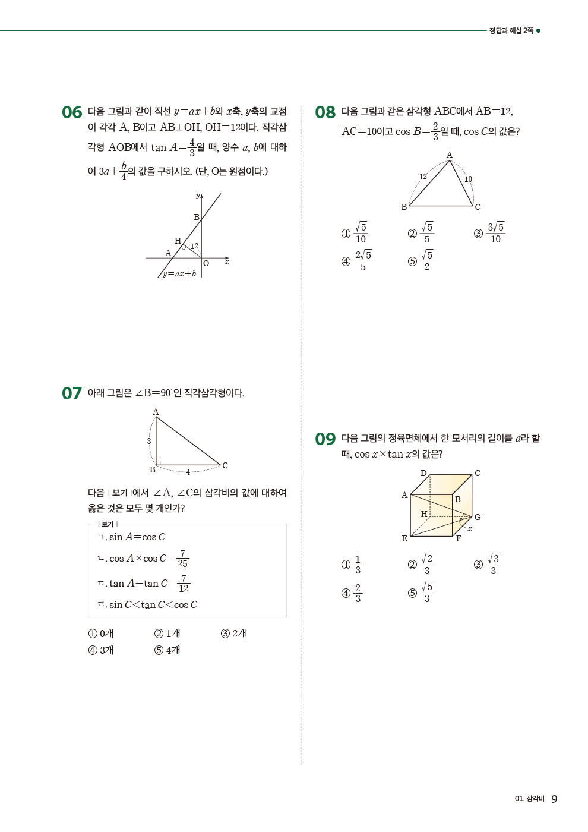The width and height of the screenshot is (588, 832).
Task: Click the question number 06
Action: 72,112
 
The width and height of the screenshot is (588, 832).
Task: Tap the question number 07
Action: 72,393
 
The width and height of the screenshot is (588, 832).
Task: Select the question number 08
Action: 325,112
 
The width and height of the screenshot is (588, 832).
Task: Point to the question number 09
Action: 325,439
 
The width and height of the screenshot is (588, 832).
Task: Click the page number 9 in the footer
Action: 554,799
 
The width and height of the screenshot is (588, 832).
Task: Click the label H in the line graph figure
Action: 178,241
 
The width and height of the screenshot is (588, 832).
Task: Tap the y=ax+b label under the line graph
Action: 179,274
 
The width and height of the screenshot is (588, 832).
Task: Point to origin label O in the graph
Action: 206,263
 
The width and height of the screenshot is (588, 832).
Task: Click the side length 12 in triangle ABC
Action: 423,177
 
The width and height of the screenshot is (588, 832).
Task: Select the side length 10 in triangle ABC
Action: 468,179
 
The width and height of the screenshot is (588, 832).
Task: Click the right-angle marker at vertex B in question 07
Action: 158,462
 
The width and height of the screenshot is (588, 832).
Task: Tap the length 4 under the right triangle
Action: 188,472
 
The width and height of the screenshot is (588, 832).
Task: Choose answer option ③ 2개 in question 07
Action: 233,634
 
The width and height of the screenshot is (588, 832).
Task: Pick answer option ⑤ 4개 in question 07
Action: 167,650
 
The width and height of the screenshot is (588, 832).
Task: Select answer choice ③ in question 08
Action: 489,233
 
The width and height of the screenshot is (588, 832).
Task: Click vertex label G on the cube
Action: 478,517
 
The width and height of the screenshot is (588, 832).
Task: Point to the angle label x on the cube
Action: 470,528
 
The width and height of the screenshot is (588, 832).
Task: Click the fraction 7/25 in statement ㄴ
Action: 182,559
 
